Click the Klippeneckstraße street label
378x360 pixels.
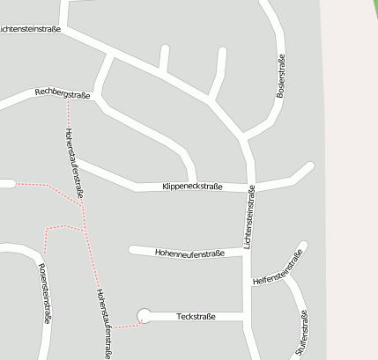(192, 187)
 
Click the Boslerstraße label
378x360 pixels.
(281, 77)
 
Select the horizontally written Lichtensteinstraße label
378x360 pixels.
(32, 29)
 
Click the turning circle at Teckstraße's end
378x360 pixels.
(144, 315)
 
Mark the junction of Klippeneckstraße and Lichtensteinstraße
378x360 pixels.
(251, 187)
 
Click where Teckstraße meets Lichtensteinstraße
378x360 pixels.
(247, 316)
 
